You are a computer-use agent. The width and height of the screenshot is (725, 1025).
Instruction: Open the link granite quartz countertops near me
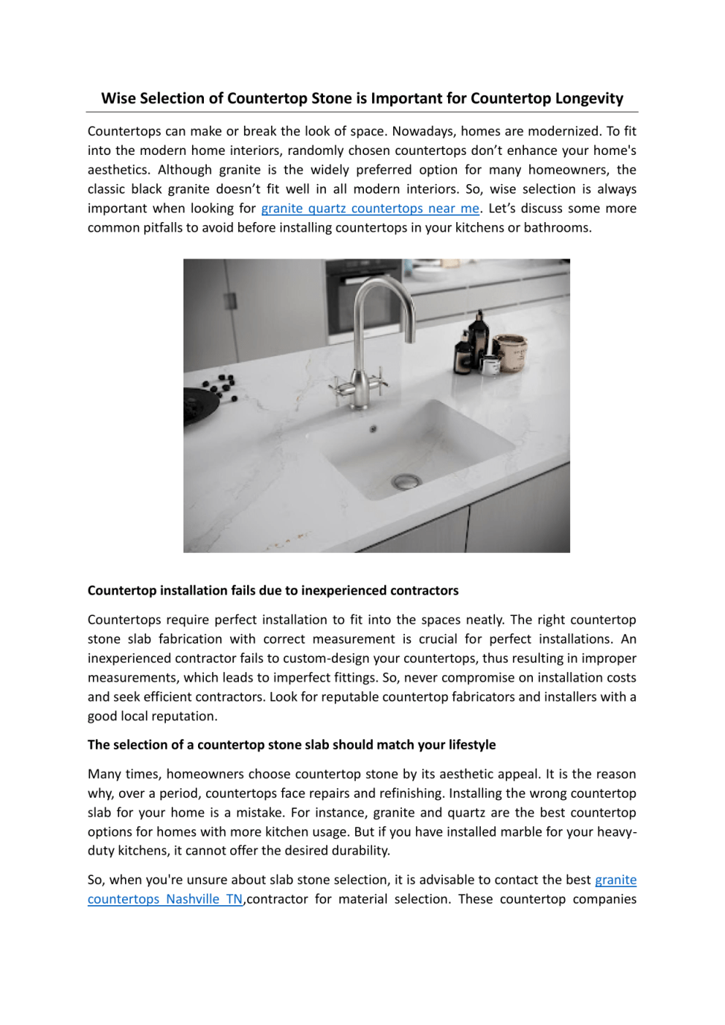tap(370, 209)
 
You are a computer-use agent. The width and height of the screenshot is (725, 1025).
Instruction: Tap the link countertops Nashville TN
tap(164, 899)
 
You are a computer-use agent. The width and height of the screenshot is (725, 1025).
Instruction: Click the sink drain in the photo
tap(406, 481)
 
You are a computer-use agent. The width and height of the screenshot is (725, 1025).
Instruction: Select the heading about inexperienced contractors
tap(273, 590)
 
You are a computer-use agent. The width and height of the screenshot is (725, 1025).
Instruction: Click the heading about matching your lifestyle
tap(291, 744)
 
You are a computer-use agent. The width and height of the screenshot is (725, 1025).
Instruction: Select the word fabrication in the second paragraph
tap(190, 639)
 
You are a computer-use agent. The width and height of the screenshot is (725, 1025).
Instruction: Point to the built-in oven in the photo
tap(362, 300)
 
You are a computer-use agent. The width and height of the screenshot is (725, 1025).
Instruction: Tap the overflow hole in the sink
tap(373, 429)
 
